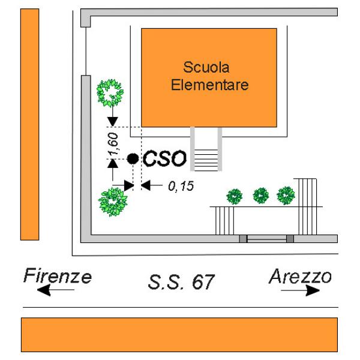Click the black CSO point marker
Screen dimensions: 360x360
[x=133, y=158]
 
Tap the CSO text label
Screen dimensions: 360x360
[x=164, y=158]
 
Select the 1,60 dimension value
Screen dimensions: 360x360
[x=113, y=144]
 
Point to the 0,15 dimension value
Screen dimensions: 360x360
[x=181, y=186]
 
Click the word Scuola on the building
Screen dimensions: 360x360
[x=206, y=67]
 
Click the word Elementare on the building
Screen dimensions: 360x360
[x=209, y=85]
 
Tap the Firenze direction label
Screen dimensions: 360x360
[x=58, y=276]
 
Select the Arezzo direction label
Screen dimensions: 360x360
[x=301, y=277]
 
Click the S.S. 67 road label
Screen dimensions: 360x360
[x=181, y=282]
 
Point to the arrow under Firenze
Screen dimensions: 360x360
[x=56, y=290]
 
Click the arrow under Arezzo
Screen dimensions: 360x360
[x=301, y=290]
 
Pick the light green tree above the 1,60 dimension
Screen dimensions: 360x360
[x=110, y=93]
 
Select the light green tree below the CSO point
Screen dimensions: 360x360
[x=113, y=202]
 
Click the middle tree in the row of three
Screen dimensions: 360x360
[x=261, y=196]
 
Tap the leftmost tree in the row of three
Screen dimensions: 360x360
[x=235, y=197]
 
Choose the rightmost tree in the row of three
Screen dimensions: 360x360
[x=286, y=196]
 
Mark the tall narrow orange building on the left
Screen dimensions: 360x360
[x=29, y=124]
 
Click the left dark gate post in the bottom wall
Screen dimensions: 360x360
[x=243, y=239]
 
